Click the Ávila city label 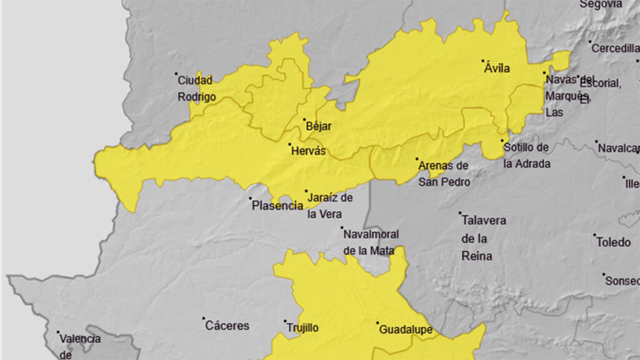(497, 69)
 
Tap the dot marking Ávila (483, 61)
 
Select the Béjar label (319, 126)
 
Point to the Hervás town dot (290, 144)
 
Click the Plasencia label (277, 206)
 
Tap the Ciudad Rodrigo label (196, 89)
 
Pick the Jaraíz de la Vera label (329, 206)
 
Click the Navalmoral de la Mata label (371, 242)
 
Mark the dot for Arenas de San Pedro (417, 159)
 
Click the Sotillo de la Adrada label (526, 155)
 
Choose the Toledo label (613, 242)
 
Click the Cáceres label (227, 326)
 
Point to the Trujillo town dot (286, 322)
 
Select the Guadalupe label (406, 330)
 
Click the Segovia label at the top (602, 4)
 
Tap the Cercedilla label (615, 48)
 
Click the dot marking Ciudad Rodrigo (176, 74)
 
